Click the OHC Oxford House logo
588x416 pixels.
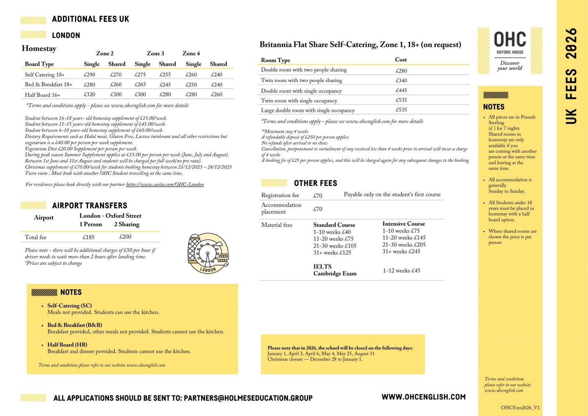click(510, 51)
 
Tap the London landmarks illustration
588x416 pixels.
click(208, 253)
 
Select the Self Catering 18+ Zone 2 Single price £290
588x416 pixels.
click(89, 75)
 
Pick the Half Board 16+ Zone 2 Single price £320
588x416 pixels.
click(89, 95)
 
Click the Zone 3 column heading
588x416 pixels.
click(155, 54)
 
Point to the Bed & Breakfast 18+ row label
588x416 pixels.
click(49, 85)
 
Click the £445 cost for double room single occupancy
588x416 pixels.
click(401, 90)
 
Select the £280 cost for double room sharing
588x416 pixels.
click(401, 71)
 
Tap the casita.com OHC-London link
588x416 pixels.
click(165, 185)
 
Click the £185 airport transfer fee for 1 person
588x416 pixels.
click(89, 237)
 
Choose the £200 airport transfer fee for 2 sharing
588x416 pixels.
click(125, 237)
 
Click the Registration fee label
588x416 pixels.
click(280, 195)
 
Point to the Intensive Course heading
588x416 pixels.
click(404, 224)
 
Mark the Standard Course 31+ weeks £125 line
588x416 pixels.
click(332, 253)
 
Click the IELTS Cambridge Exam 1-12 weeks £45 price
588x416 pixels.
click(401, 271)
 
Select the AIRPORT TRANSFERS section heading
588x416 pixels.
click(89, 206)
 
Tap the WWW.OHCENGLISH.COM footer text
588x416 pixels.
click(423, 397)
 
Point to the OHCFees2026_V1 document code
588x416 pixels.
click(520, 408)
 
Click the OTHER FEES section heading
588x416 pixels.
click(315, 183)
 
